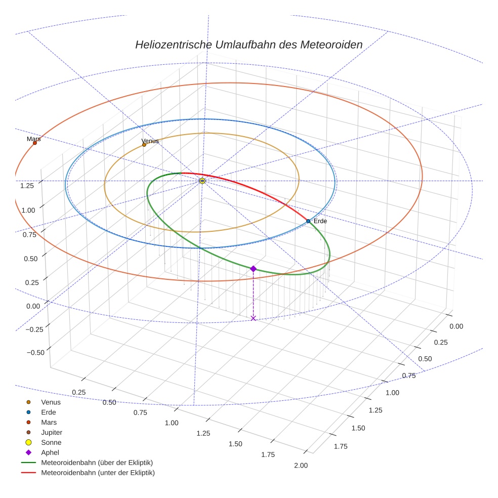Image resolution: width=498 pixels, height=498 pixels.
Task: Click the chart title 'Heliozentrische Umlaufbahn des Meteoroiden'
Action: pos(248,45)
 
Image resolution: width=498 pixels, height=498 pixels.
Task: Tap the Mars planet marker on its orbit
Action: pos(35,143)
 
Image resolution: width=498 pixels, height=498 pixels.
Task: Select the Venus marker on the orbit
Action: pos(144,145)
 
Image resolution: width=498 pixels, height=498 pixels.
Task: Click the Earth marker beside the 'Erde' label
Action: pos(308,221)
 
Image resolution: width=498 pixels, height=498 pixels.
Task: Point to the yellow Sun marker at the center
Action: pos(202,181)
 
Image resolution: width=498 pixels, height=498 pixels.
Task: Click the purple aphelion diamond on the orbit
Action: pos(253,269)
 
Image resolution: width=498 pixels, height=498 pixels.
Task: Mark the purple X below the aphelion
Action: pos(253,318)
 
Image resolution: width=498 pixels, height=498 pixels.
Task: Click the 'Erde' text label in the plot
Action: pos(320,221)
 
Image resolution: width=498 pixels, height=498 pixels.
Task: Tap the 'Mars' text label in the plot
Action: pos(33,138)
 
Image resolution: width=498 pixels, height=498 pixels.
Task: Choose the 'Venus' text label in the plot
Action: pos(150,141)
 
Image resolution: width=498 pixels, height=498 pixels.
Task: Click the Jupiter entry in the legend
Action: pos(52,432)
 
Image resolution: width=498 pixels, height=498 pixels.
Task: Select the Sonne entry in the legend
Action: pos(51,442)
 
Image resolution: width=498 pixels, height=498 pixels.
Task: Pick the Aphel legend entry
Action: pos(50,452)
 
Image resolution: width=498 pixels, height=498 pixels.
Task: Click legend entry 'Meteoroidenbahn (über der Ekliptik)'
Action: pos(97,463)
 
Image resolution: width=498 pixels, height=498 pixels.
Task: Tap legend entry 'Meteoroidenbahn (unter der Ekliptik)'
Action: pos(98,473)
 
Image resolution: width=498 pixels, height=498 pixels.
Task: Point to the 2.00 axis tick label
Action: pos(300,466)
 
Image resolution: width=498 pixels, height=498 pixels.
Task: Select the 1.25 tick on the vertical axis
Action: pos(27,185)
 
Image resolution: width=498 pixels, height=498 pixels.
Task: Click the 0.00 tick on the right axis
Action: pos(456,326)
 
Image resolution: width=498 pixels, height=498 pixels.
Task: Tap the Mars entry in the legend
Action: pos(49,422)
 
